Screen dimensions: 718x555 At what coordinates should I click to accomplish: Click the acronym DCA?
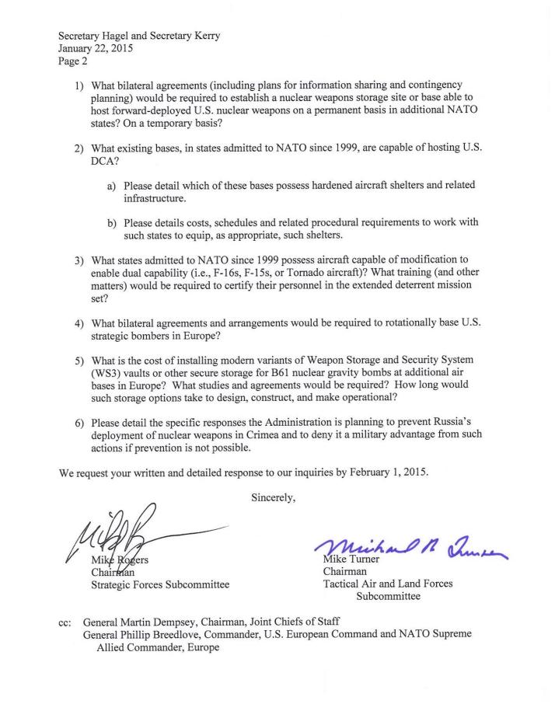pyautogui.click(x=106, y=158)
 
